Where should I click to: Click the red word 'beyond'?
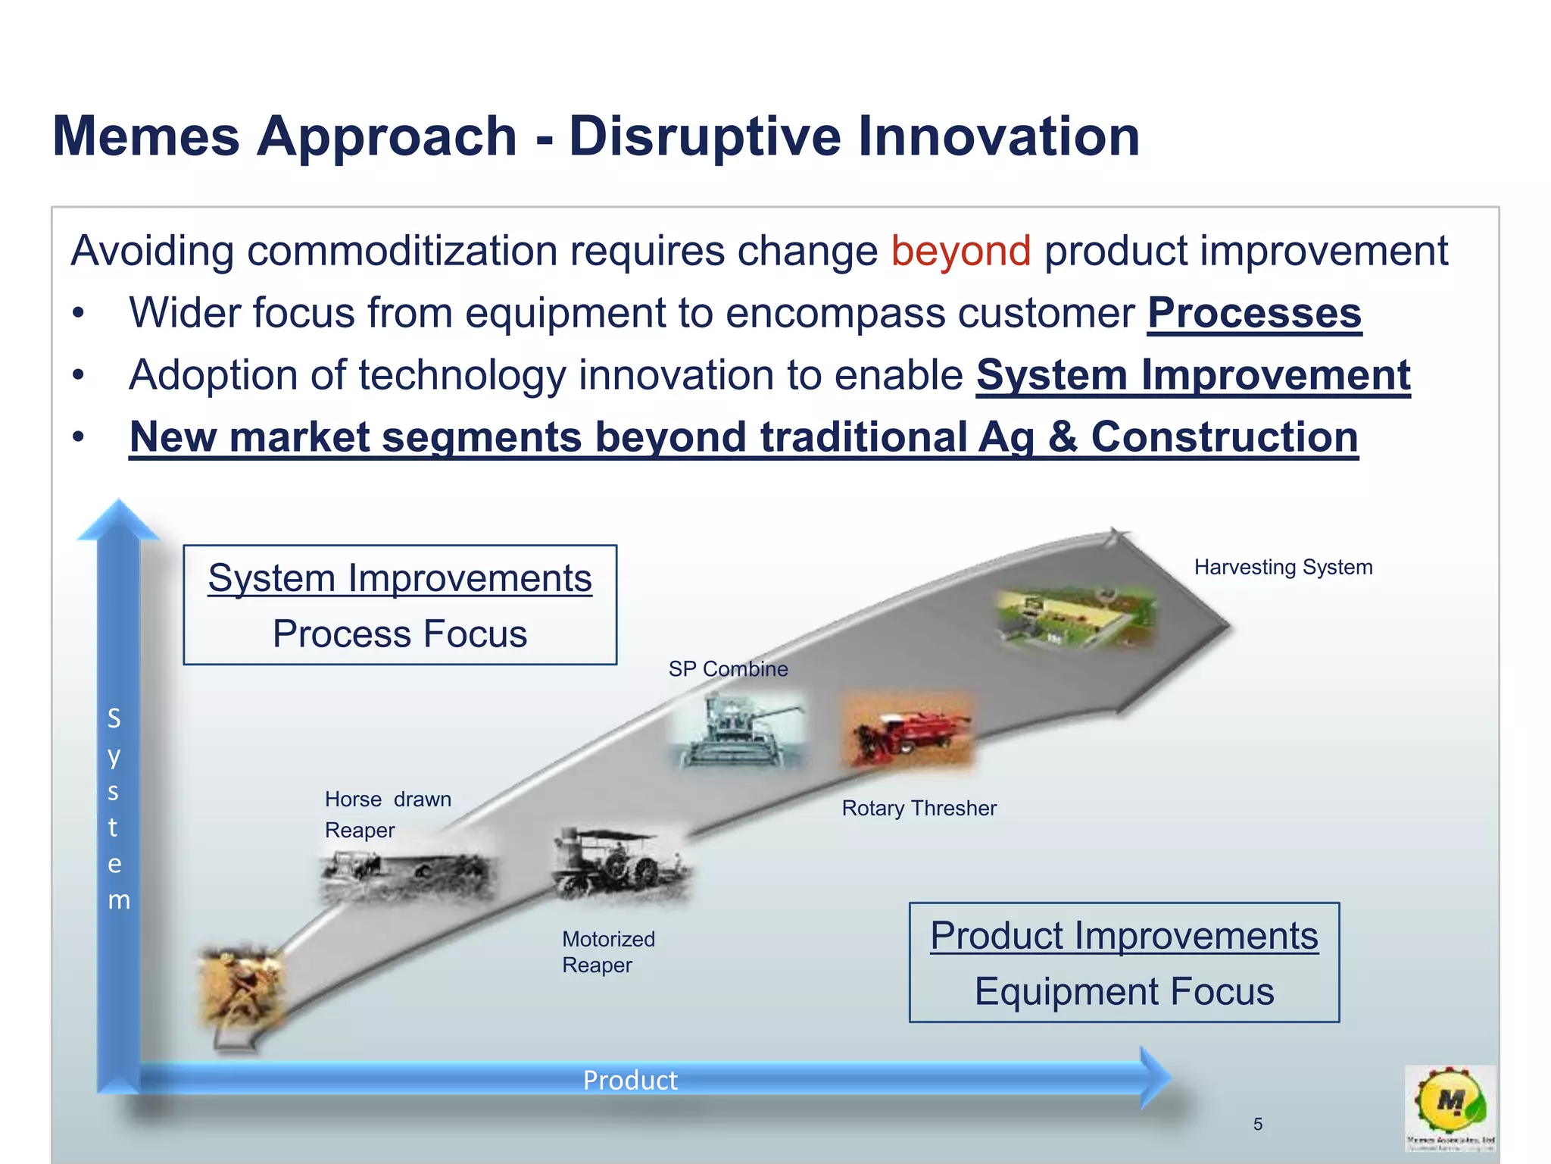(x=960, y=252)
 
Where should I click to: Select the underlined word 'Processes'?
(x=1254, y=314)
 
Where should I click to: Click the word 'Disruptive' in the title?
(x=704, y=136)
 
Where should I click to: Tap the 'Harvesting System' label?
(x=1283, y=568)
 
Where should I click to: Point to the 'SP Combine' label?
(x=728, y=669)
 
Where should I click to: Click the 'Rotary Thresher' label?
(x=919, y=809)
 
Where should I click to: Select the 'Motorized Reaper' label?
(x=608, y=952)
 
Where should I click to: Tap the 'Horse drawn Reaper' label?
(x=387, y=815)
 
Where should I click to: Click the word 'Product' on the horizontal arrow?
(x=630, y=1081)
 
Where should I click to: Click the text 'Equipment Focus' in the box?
(x=1124, y=992)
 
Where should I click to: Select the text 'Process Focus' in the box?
(x=400, y=634)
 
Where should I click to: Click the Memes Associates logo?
(x=1450, y=1106)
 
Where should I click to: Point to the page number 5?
(x=1258, y=1125)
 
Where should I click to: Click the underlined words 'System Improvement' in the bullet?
(x=1193, y=376)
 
